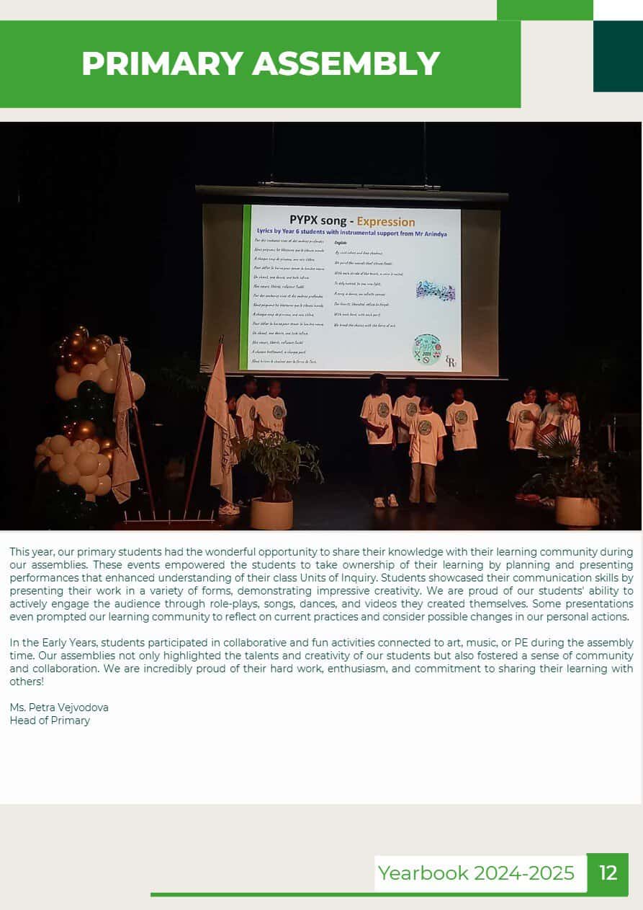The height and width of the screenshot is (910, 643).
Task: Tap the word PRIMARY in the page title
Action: (163, 63)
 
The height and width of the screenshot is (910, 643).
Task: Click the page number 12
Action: (608, 873)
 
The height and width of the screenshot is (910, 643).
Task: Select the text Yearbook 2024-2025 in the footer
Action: (476, 873)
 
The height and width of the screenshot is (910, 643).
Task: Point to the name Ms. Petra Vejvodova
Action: (59, 708)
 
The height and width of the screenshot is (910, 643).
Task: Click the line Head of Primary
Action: (50, 721)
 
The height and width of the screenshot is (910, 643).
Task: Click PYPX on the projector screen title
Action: (309, 220)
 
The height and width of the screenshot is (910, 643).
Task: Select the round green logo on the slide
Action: (426, 349)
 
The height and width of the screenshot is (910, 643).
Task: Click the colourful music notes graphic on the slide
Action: (436, 290)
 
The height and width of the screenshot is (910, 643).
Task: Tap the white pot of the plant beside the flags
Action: (271, 513)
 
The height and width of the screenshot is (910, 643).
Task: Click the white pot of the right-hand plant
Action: (577, 511)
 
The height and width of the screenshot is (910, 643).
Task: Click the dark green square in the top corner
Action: (618, 56)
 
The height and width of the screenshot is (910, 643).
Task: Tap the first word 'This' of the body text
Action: (20, 552)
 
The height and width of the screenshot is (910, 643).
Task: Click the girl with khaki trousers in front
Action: (426, 450)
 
